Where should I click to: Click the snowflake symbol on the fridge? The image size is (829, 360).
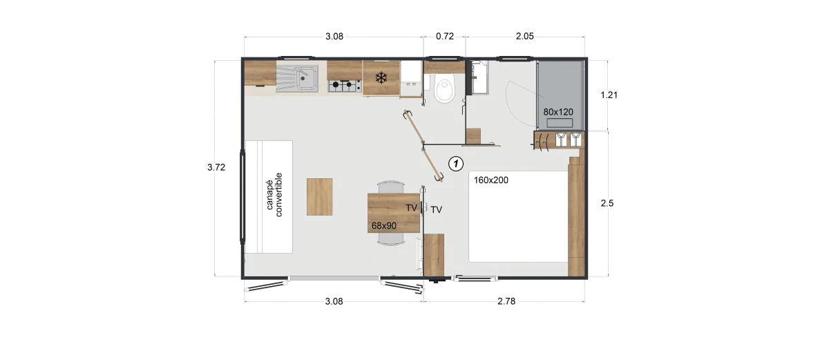pyautogui.click(x=381, y=77)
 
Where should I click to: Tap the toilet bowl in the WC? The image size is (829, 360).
pyautogui.click(x=444, y=90)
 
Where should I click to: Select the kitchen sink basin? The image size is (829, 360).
pyautogui.click(x=307, y=79)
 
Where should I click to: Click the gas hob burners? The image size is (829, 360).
pyautogui.click(x=345, y=86)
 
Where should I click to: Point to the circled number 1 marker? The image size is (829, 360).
pyautogui.click(x=455, y=164)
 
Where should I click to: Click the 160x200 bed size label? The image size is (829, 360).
pyautogui.click(x=490, y=180)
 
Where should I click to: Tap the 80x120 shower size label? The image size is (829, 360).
pyautogui.click(x=558, y=112)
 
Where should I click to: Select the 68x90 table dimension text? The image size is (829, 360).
pyautogui.click(x=384, y=226)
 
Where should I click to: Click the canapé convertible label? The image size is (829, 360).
pyautogui.click(x=274, y=195)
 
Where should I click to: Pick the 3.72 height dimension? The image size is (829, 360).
pyautogui.click(x=216, y=167)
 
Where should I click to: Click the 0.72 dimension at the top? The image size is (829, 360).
pyautogui.click(x=444, y=36)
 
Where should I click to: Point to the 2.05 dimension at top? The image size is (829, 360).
pyautogui.click(x=525, y=36)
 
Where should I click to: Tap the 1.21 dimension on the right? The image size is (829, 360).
pyautogui.click(x=609, y=95)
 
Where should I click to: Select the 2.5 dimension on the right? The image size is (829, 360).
pyautogui.click(x=607, y=203)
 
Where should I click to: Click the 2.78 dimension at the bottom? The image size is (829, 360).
pyautogui.click(x=506, y=301)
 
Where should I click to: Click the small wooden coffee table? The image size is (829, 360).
pyautogui.click(x=319, y=197)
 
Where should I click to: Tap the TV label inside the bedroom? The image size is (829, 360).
pyautogui.click(x=437, y=210)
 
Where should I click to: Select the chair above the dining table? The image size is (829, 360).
pyautogui.click(x=391, y=187)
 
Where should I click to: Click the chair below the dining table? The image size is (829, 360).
pyautogui.click(x=391, y=239)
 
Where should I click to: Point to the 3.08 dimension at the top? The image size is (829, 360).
pyautogui.click(x=334, y=36)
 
